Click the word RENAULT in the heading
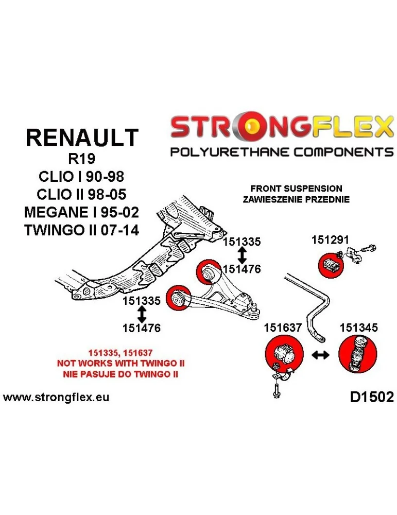82,138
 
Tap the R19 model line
81,159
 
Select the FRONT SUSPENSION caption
296,188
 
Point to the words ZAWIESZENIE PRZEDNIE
296,199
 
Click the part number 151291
330,239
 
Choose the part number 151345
358,327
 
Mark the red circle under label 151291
330,265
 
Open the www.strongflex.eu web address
56,398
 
